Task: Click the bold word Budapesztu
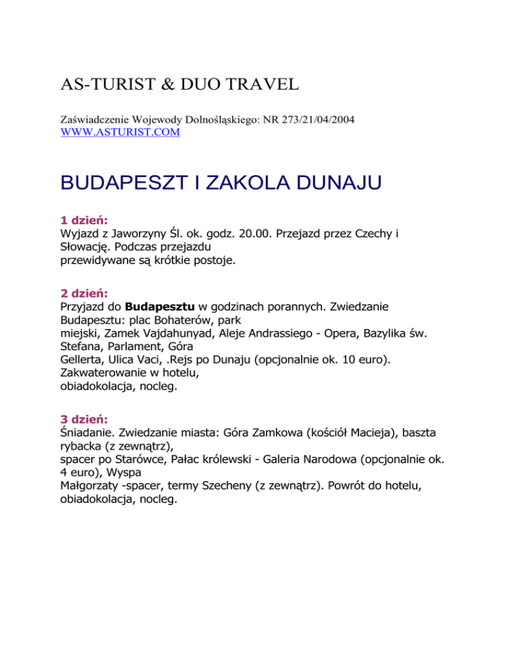(x=159, y=307)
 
